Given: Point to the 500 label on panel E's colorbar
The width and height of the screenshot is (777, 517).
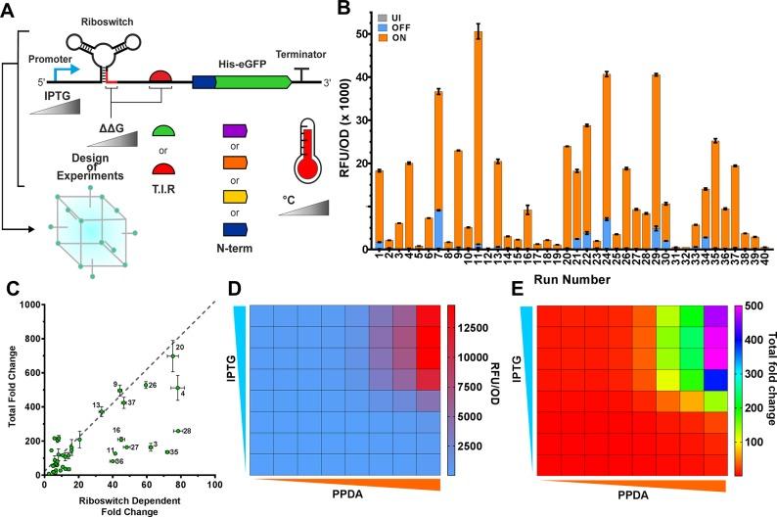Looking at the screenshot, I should [x=757, y=305].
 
